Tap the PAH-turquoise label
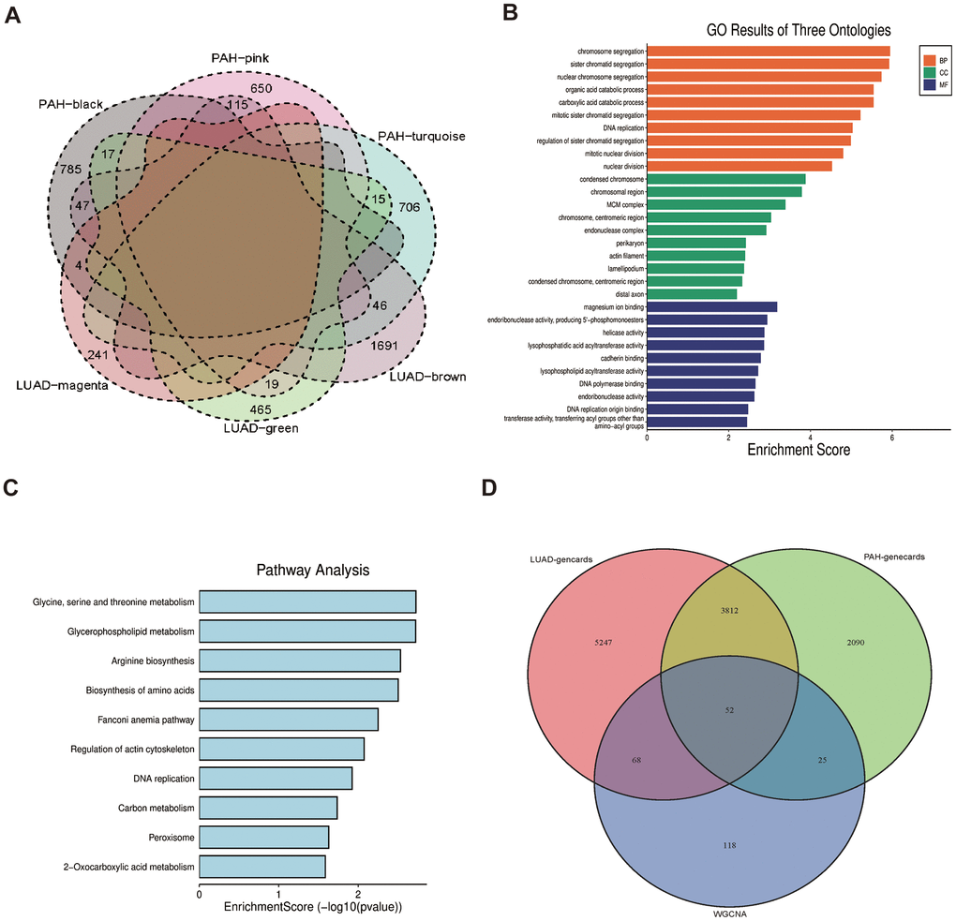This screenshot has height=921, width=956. tap(421, 137)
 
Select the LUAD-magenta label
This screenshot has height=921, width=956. tap(62, 384)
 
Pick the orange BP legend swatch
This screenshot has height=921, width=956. tap(930, 58)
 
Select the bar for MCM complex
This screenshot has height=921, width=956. tap(716, 204)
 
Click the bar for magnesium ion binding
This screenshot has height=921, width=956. tap(711, 306)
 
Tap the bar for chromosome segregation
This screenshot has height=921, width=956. tap(768, 51)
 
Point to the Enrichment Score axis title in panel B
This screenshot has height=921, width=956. tap(799, 450)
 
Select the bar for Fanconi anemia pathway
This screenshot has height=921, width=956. tap(289, 720)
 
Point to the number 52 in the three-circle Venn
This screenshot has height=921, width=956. tap(728, 710)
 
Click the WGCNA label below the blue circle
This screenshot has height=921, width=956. tap(727, 909)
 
